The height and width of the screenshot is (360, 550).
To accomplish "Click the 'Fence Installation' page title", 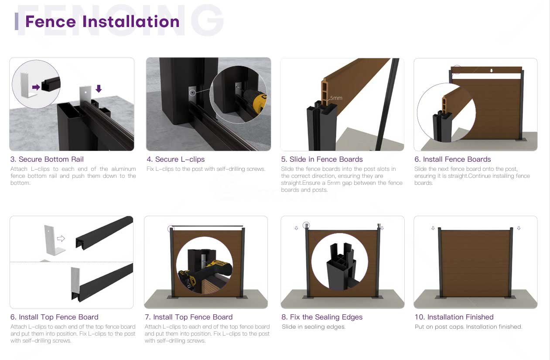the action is tap(102, 21).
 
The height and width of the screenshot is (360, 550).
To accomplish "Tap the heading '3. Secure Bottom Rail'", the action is tap(47, 159).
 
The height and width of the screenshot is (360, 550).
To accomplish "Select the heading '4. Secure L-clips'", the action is tap(176, 159).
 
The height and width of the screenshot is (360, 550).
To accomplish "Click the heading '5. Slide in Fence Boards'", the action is tap(322, 159).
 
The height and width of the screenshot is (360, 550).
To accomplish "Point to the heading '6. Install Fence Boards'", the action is tap(453, 159).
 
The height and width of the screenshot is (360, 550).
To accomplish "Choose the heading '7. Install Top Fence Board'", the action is tap(188, 317).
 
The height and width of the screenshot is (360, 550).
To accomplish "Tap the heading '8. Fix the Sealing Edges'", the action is tap(322, 317).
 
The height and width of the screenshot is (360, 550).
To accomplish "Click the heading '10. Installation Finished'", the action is tap(454, 317).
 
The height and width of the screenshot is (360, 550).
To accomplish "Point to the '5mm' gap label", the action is tap(336, 98).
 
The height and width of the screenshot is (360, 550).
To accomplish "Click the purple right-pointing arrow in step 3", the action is tap(36, 87).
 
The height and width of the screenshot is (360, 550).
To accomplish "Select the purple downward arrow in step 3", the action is tap(99, 88).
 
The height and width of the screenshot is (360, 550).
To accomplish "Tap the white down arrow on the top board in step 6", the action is tap(491, 71).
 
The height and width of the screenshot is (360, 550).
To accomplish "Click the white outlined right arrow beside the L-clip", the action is tap(61, 238).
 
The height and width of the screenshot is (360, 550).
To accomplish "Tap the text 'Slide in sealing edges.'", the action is tap(314, 327).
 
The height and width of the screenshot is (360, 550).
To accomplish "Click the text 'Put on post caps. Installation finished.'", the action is tap(468, 327).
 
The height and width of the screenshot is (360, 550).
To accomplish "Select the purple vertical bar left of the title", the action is tap(17, 21).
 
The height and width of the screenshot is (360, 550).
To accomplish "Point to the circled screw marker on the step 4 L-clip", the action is tap(192, 93).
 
